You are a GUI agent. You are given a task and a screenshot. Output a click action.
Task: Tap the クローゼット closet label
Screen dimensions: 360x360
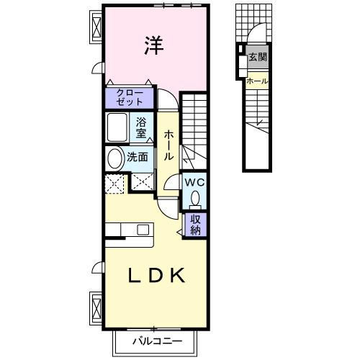130,96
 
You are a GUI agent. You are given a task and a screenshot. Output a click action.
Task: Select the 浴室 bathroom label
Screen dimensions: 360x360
142,127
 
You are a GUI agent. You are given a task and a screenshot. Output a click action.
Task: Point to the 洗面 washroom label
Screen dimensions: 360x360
138,156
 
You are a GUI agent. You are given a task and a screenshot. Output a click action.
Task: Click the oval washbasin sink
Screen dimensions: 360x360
114,158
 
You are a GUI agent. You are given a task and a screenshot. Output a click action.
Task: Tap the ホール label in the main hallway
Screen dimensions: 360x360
168,145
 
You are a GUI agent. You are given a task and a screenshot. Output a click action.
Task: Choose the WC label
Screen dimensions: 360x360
195,183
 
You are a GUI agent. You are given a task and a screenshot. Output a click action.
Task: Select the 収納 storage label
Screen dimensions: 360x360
195,225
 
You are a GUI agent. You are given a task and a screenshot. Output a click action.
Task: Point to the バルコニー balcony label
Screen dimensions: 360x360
157,340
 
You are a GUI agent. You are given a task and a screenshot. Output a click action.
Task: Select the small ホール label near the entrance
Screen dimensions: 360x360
257,81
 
